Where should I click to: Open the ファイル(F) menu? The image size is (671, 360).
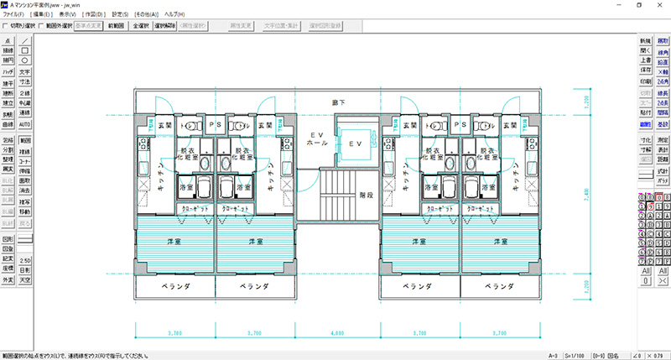(14, 15)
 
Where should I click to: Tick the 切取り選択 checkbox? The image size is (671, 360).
(7, 26)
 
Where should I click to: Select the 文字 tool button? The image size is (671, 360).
(25, 71)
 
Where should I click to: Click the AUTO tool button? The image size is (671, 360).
(25, 123)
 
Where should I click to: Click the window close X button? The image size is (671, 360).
(660, 5)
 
